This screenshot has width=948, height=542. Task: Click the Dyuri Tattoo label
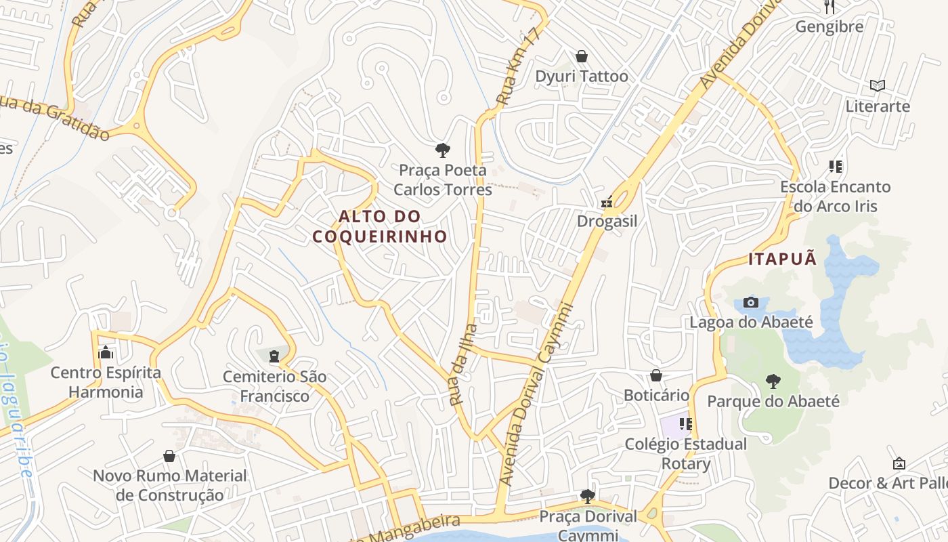tap(582, 77)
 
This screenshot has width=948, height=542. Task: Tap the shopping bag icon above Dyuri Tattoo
tap(581, 56)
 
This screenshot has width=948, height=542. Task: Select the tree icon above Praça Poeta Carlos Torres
tap(443, 150)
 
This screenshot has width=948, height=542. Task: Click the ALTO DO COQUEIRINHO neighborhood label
tap(380, 226)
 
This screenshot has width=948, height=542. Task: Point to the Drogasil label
tap(607, 222)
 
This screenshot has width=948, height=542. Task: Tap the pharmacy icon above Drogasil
tap(607, 202)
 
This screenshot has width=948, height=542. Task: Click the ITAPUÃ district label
tap(782, 259)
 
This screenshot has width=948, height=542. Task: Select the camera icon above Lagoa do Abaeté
tap(750, 302)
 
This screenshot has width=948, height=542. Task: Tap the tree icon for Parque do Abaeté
tap(773, 381)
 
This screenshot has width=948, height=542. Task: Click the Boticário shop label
tap(656, 395)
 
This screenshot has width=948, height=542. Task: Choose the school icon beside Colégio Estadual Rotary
tap(686, 424)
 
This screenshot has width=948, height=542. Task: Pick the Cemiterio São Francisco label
tap(275, 386)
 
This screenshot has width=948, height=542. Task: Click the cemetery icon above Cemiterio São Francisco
tap(274, 356)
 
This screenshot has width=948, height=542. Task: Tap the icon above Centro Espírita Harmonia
tap(105, 352)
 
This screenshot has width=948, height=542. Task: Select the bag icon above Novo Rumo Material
tap(169, 456)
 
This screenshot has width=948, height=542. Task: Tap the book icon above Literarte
tap(878, 86)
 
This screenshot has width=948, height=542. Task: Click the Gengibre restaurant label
tap(829, 27)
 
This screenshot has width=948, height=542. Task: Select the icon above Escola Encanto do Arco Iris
tap(835, 166)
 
